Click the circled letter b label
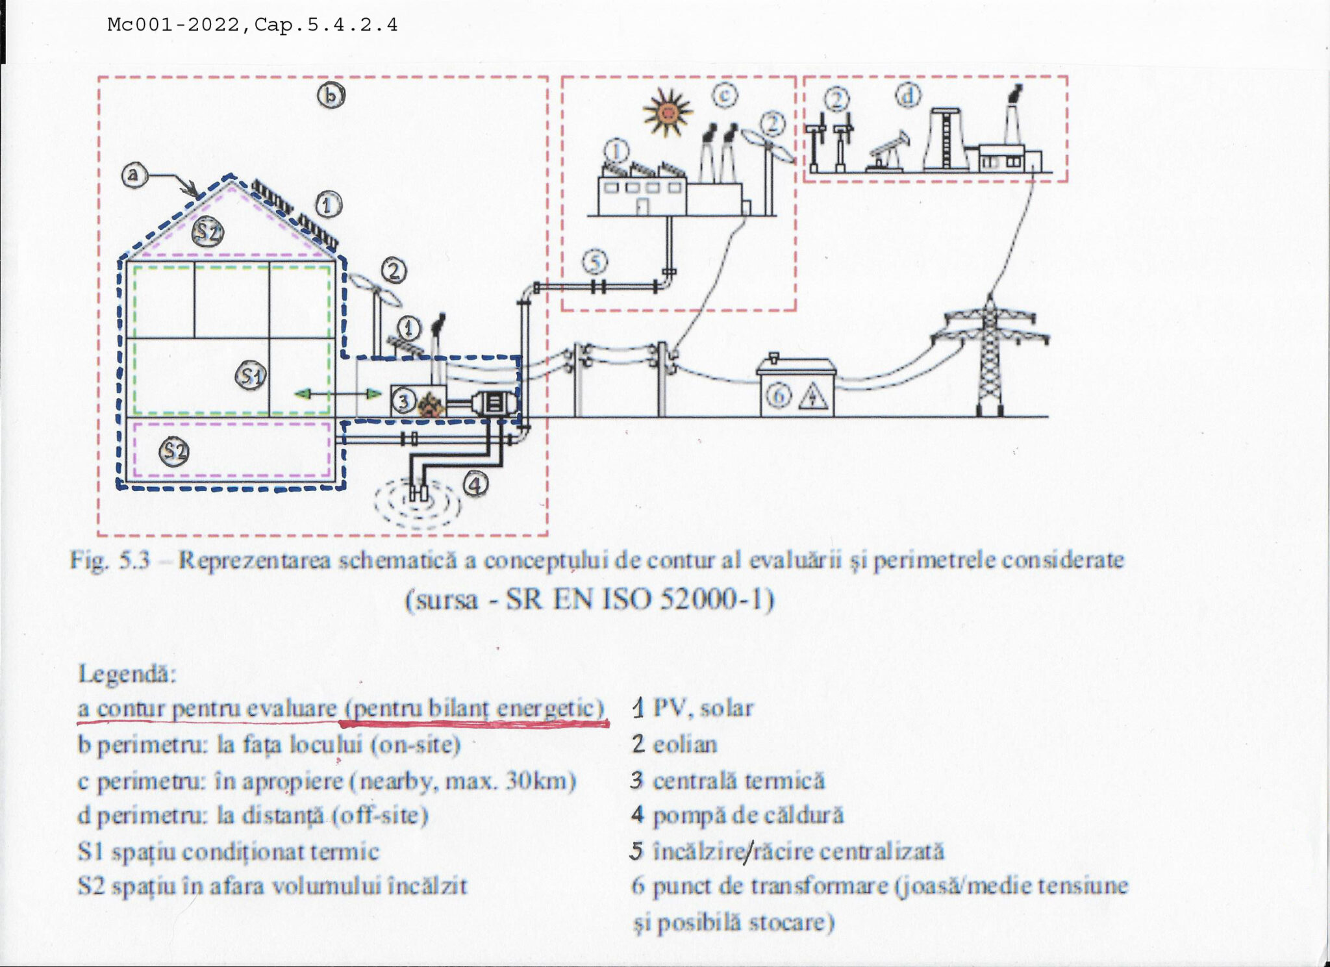click(x=331, y=95)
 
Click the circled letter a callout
click(x=134, y=175)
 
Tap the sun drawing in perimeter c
click(x=667, y=113)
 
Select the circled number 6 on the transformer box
click(x=779, y=395)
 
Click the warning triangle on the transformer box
click(x=812, y=396)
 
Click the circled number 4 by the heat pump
click(x=475, y=484)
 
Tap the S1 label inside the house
click(x=251, y=375)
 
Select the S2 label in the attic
click(x=208, y=231)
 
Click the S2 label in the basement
click(x=174, y=451)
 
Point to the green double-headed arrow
click(x=337, y=394)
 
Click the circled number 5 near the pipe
click(x=594, y=262)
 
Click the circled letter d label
click(x=908, y=95)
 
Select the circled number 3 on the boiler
click(x=403, y=401)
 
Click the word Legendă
click(x=127, y=673)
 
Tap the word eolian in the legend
click(x=684, y=744)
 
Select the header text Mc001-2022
click(x=173, y=25)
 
